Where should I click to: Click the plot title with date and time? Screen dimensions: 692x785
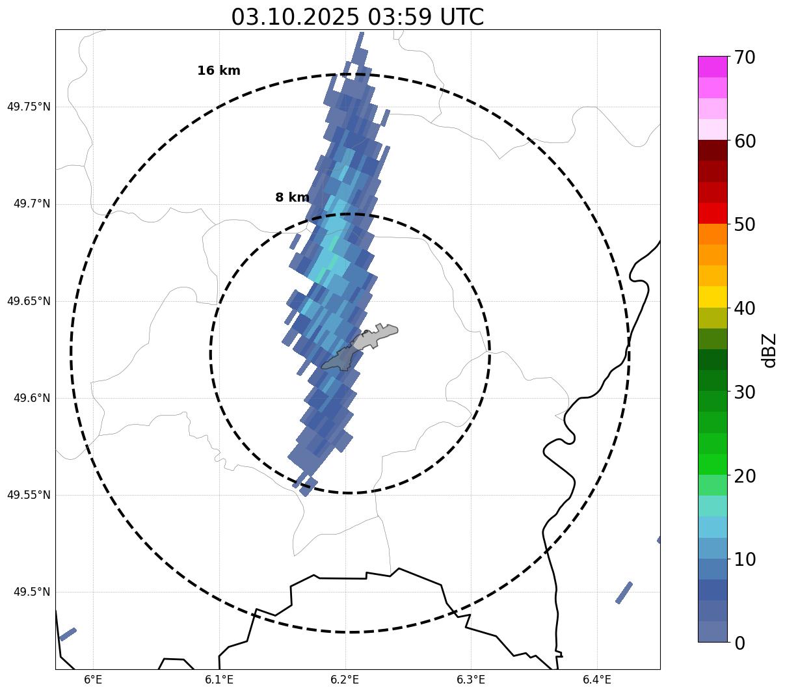pos(357,17)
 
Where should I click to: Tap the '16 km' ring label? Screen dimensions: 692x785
pos(219,71)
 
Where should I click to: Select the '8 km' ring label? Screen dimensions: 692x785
pos(292,198)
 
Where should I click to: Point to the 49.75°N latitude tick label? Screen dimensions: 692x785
pos(29,107)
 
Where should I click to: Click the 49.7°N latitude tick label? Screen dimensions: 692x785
pos(32,204)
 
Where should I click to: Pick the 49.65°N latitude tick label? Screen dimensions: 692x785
pos(29,301)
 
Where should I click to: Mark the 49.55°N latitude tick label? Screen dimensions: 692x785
pos(29,495)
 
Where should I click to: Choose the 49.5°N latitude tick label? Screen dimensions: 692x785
pos(32,592)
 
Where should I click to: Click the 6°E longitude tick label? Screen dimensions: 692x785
pos(94,680)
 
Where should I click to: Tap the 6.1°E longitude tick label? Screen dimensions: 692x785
pos(219,680)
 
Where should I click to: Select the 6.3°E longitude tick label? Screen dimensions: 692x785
pos(471,680)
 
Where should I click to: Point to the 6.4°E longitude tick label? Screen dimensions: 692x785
pos(596,680)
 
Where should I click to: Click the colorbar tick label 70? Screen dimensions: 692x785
pos(745,57)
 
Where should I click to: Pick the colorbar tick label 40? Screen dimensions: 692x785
pos(745,308)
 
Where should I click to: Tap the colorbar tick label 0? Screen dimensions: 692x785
pos(740,643)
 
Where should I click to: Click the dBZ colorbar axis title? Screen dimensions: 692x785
pos(770,350)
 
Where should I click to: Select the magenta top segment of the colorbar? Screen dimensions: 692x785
pos(712,66)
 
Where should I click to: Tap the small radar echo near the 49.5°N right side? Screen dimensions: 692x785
pos(624,592)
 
